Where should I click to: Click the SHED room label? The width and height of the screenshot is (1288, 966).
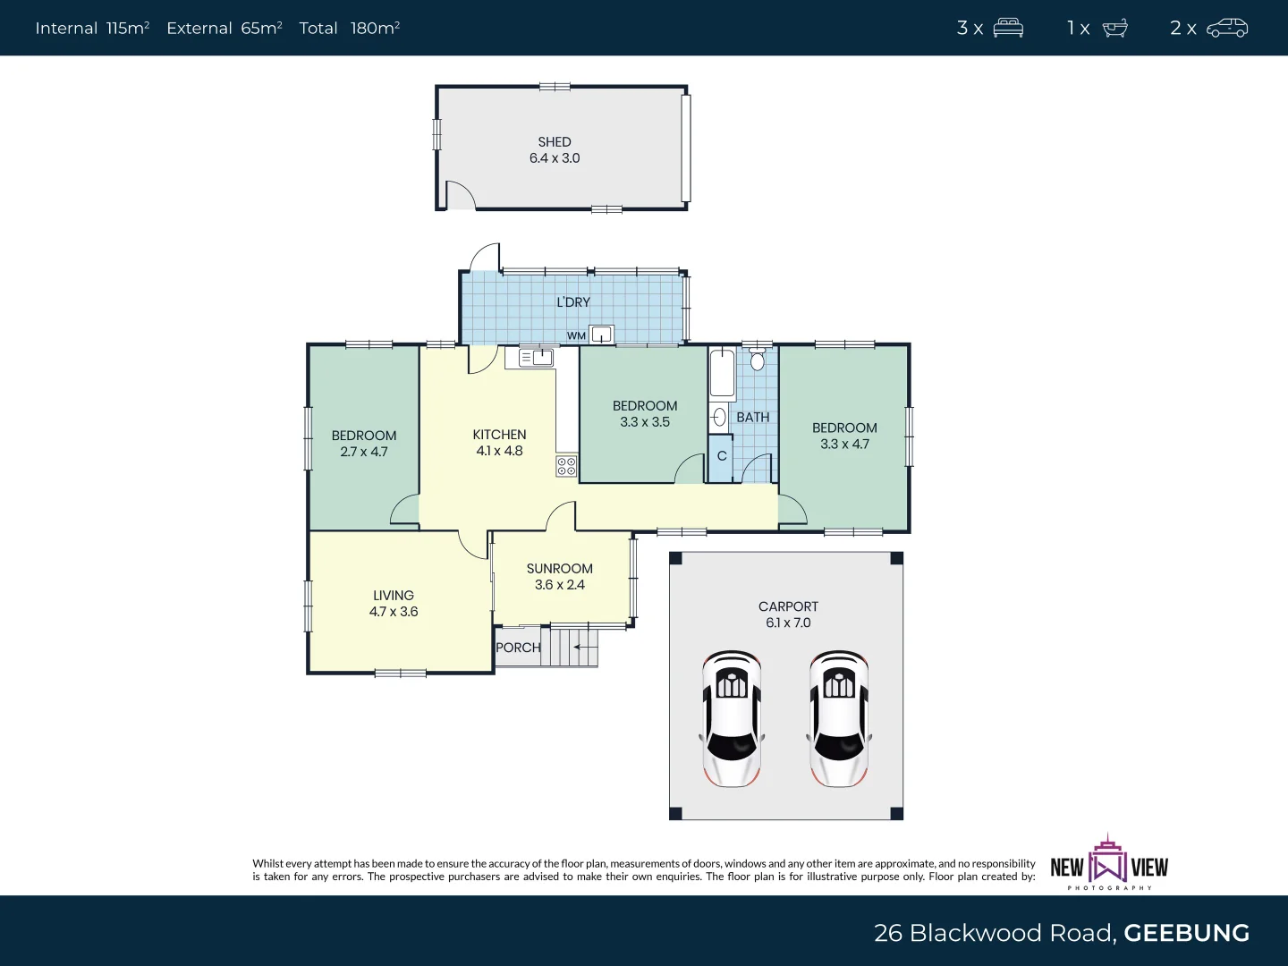point(555,142)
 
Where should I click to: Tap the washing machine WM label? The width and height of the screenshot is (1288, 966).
point(576,336)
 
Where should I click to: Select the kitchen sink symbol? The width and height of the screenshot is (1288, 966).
point(537,358)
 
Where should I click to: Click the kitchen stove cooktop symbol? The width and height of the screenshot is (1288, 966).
point(566,465)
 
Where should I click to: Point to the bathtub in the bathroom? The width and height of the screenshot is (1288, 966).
point(722,374)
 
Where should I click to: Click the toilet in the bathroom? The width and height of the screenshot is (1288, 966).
point(758,360)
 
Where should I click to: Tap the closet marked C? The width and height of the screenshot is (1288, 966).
point(721,457)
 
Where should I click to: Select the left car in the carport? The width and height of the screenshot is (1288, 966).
point(732,718)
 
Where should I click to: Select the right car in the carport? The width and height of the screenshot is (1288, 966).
point(839,718)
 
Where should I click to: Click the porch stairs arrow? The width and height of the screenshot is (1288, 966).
point(585,647)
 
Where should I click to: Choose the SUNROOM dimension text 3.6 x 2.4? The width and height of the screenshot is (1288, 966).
point(559,585)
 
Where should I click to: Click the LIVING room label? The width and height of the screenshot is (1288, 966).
point(394,596)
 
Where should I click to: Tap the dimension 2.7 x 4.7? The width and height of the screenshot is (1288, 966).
point(364,452)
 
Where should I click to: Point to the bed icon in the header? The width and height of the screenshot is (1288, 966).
point(1008,28)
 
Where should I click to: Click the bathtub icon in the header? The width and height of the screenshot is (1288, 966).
point(1114,28)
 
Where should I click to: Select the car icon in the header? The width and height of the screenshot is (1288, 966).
point(1227,28)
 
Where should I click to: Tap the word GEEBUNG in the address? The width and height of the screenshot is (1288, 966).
point(1186,933)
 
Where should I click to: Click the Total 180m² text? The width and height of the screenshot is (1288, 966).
point(349,28)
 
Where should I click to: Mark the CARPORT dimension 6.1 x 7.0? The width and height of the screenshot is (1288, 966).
point(788,623)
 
